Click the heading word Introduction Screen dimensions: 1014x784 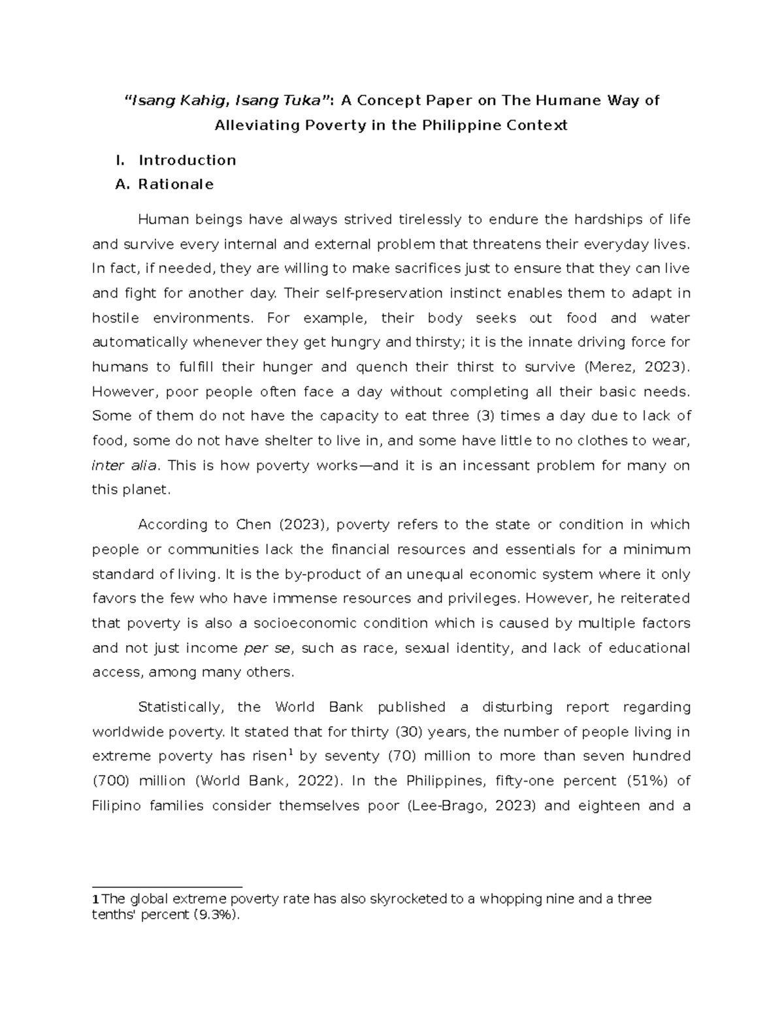tap(187, 160)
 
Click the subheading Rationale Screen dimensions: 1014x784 tap(175, 184)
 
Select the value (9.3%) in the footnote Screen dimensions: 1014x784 tap(216, 915)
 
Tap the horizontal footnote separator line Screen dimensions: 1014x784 tap(167, 887)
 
